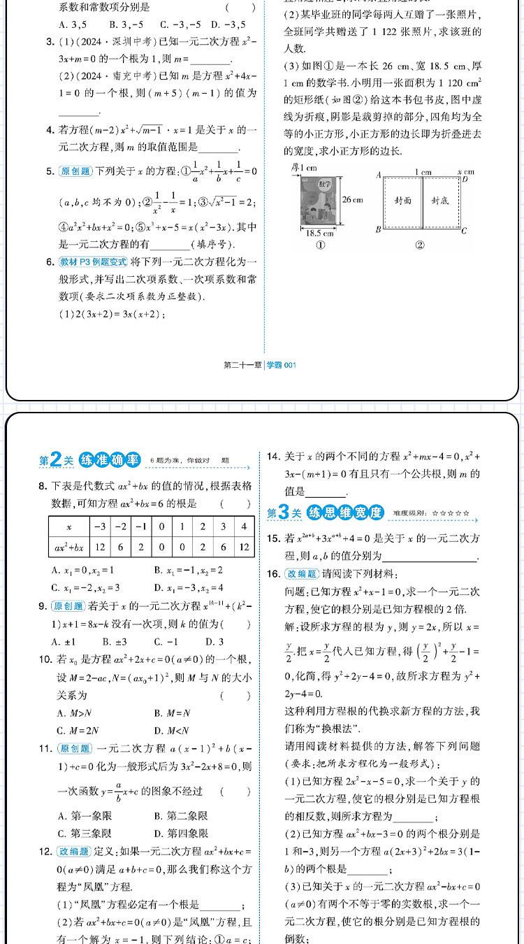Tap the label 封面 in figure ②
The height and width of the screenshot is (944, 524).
[x=402, y=200]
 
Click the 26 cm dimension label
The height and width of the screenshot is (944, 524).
[x=353, y=199]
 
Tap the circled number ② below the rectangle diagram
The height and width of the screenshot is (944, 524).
[x=419, y=245]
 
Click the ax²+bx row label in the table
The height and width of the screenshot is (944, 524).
[x=69, y=547]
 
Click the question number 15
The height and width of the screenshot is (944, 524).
[x=274, y=538]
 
